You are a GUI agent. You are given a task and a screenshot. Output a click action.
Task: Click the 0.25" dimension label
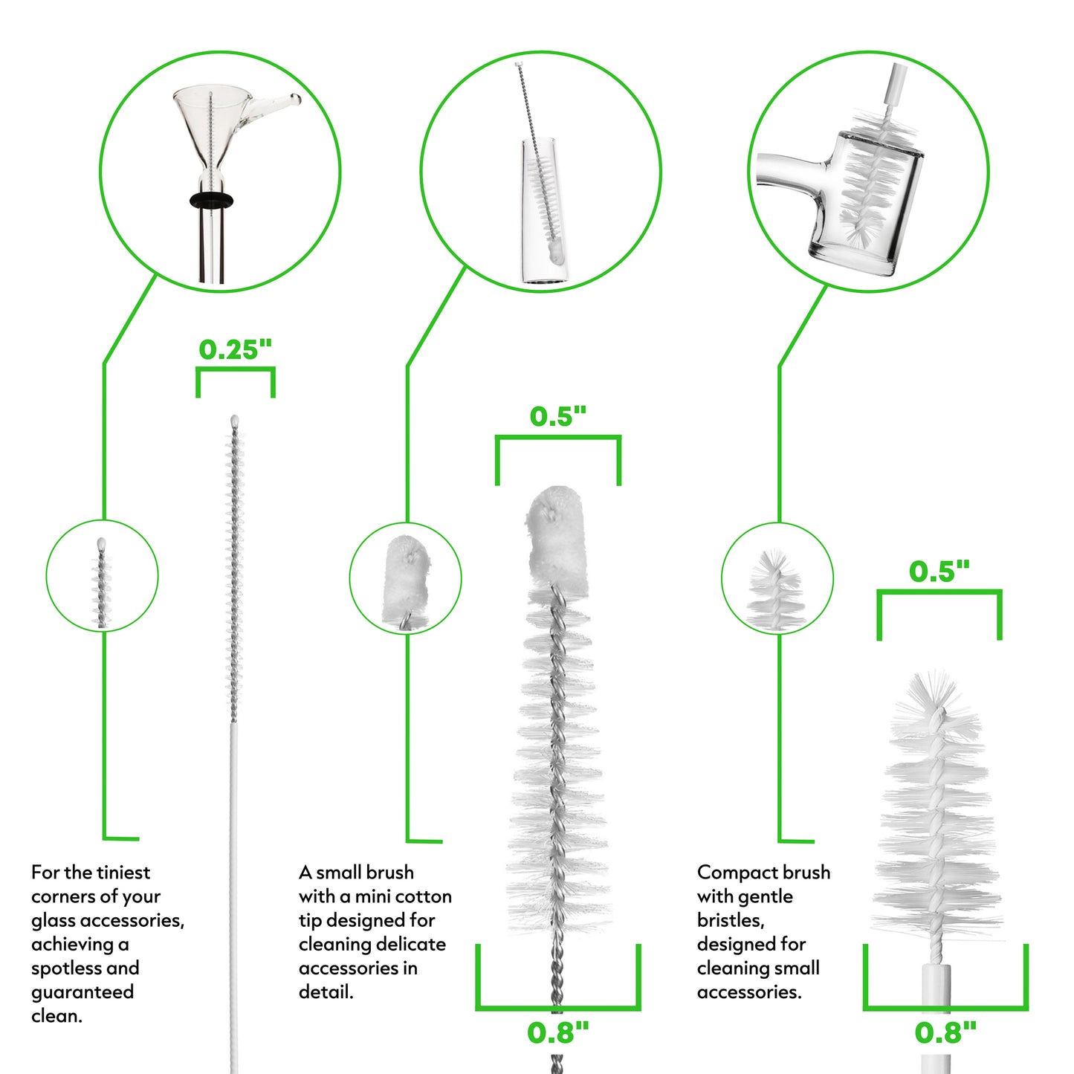pos(235,349)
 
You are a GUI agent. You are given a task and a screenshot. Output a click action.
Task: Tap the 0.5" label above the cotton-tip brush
pos(558,416)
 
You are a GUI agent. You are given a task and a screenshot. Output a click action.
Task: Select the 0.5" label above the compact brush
pos(939,572)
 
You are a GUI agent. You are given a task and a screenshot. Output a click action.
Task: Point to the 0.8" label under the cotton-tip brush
pos(558,1033)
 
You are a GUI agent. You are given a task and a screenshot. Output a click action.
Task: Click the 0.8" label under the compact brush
pos(945,1033)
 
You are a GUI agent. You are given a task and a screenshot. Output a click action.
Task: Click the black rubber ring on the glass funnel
pos(211,200)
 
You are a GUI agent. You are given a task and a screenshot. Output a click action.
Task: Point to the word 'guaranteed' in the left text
pos(83,993)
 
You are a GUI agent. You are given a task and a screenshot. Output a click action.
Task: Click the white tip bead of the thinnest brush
pos(235,420)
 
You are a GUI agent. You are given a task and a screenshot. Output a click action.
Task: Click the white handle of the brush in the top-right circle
pos(895,83)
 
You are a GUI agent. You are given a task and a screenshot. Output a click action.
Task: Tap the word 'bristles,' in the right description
pos(730,920)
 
